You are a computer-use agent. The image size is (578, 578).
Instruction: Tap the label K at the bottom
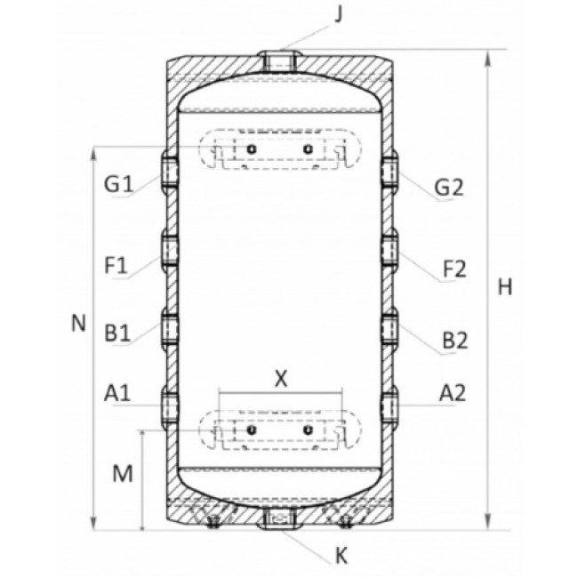(341, 556)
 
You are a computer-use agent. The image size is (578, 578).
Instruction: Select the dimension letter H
(505, 287)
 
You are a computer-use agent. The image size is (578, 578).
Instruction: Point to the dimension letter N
(78, 324)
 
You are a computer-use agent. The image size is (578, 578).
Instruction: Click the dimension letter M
(123, 473)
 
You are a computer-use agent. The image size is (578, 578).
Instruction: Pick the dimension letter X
(281, 378)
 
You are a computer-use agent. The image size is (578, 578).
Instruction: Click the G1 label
(118, 184)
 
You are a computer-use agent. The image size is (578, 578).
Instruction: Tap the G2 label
(449, 188)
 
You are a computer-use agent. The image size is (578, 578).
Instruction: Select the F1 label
(116, 265)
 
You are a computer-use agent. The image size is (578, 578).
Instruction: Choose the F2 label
(454, 269)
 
